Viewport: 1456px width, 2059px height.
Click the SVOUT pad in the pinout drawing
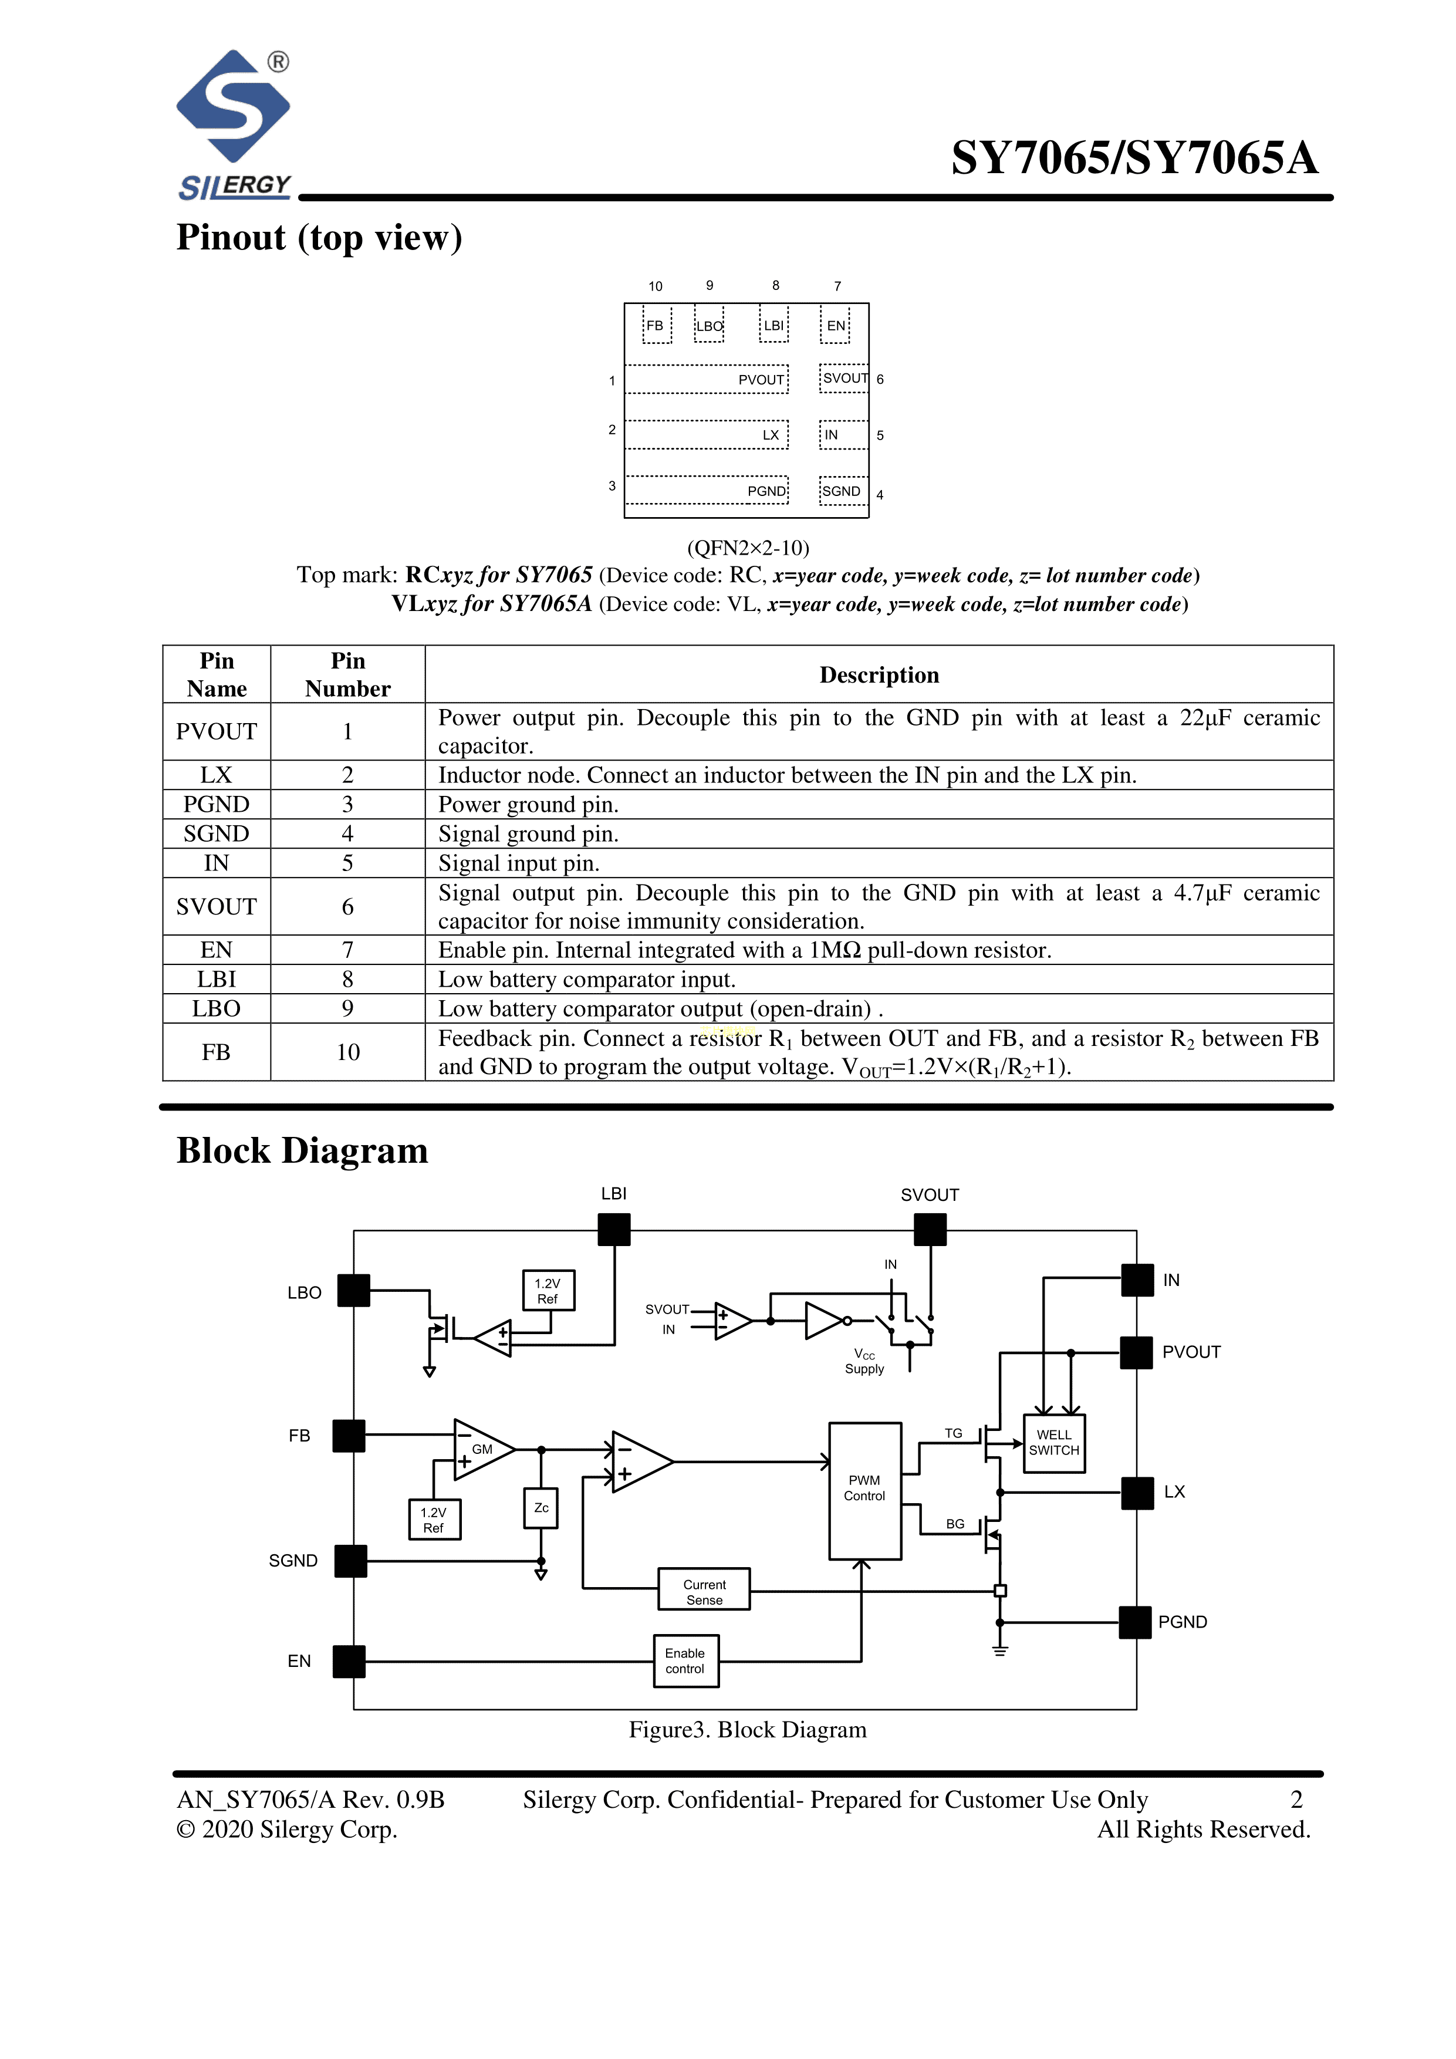844,379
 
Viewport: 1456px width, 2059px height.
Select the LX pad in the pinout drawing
707,435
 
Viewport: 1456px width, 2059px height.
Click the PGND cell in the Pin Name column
216,805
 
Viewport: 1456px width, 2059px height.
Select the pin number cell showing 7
348,950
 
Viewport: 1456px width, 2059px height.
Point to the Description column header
879,674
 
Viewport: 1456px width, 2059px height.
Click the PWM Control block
864,1490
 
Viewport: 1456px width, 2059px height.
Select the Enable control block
686,1661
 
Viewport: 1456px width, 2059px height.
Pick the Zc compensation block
540,1507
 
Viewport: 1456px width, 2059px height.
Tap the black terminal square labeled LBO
353,1291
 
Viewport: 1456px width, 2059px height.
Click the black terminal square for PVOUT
1137,1352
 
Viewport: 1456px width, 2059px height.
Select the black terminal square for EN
349,1662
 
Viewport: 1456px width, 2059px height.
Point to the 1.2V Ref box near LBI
548,1291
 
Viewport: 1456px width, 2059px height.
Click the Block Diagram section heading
302,1150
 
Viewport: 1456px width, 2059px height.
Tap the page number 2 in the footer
1296,1800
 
